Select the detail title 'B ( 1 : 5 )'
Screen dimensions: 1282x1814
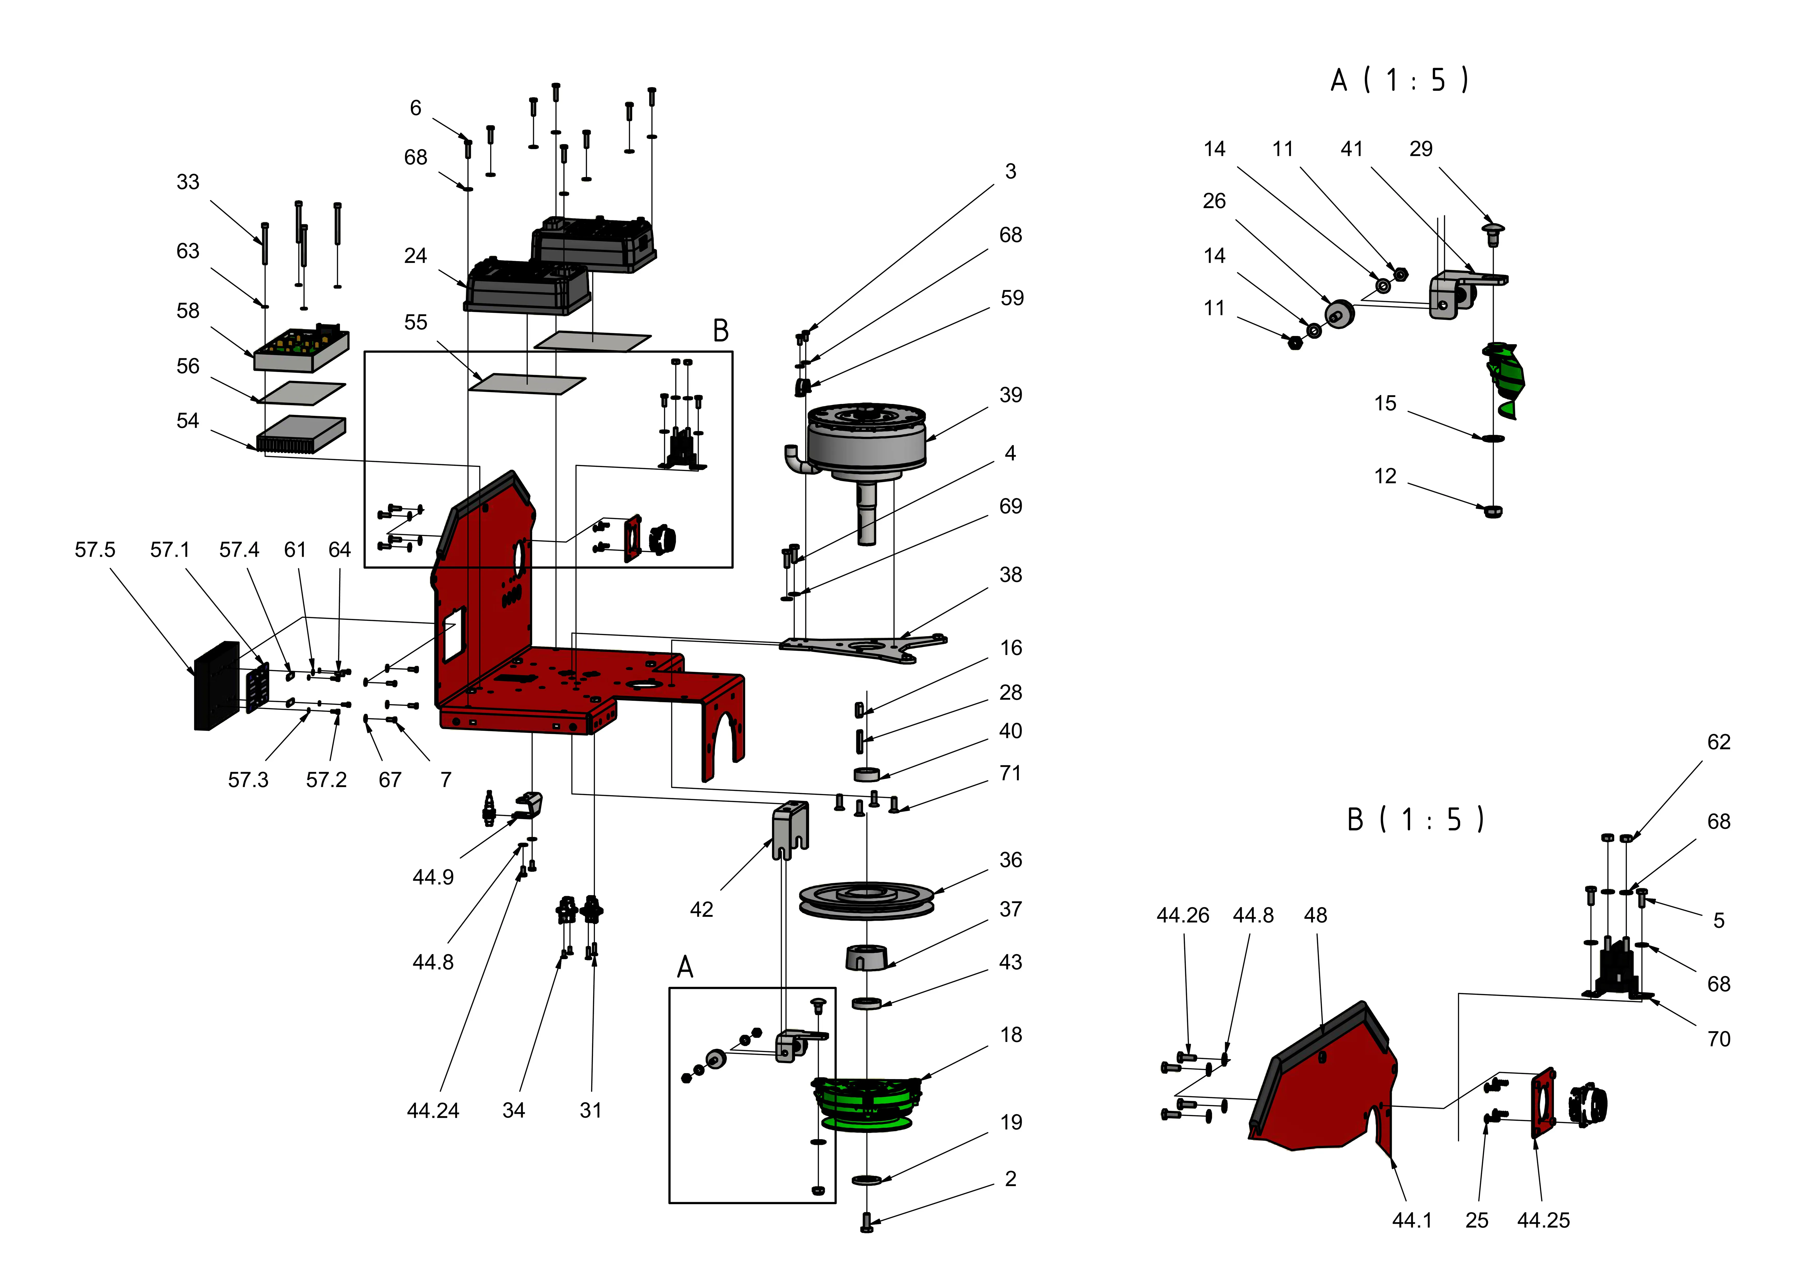tap(1414, 820)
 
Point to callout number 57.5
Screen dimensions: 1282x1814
tap(95, 550)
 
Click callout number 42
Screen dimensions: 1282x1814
tap(701, 910)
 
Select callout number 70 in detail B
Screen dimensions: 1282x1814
tap(1718, 1039)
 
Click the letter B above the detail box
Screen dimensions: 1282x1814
tap(721, 331)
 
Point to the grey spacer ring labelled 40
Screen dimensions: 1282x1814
tap(866, 773)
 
